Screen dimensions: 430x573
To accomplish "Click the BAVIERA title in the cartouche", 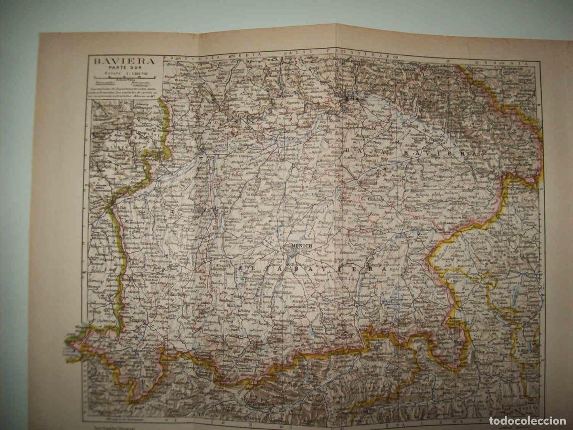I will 117,62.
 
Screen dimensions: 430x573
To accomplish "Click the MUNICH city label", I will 300,246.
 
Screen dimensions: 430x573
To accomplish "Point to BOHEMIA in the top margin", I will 511,63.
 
